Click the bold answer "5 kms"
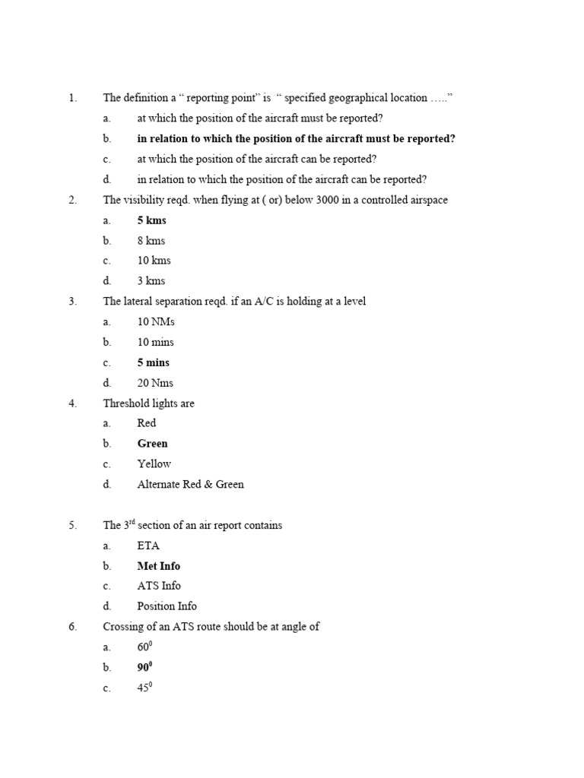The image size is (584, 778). [151, 220]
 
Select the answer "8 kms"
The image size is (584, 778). [151, 241]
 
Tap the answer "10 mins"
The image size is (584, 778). [156, 342]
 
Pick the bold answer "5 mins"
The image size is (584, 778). [154, 362]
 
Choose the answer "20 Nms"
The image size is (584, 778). [156, 383]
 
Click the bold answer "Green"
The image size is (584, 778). [152, 444]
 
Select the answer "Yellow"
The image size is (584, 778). [154, 463]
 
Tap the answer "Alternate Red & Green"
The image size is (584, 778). [190, 484]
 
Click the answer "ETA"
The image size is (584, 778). [148, 546]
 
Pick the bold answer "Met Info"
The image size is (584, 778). [158, 566]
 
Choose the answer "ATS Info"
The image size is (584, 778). [158, 586]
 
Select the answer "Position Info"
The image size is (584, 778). [167, 606]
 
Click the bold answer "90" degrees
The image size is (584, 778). [144, 668]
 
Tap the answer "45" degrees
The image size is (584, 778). [144, 688]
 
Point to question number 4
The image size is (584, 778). [72, 403]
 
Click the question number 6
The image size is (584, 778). [72, 627]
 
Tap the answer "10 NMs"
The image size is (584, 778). [156, 322]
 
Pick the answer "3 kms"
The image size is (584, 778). [151, 281]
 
